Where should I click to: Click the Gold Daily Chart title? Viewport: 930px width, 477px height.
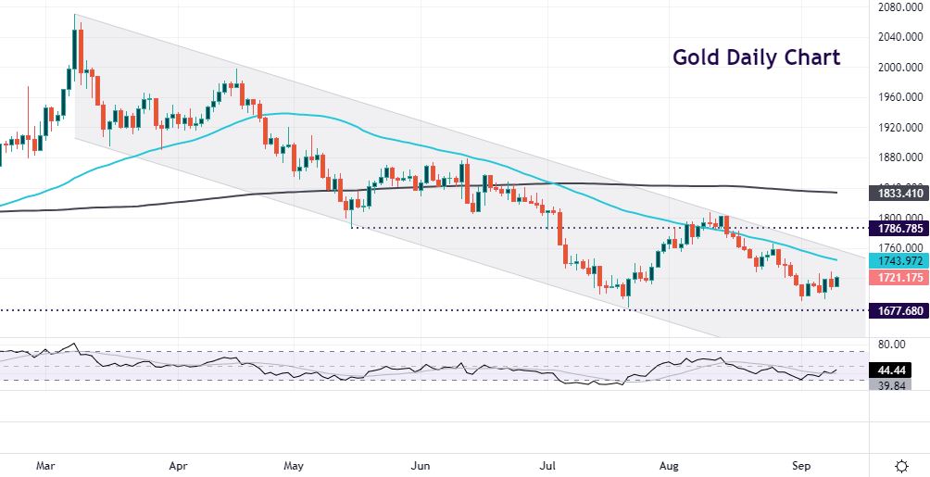pos(756,57)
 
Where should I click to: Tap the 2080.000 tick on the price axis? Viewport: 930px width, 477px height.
pos(897,7)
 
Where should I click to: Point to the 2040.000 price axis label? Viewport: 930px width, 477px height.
pos(897,37)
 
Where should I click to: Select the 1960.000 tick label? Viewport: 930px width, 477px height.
pos(897,96)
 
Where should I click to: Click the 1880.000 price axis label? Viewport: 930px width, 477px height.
pos(897,157)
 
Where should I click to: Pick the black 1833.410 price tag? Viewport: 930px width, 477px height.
pos(897,194)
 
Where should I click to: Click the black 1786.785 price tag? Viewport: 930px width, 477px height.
pos(897,226)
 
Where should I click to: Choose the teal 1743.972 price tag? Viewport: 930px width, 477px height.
pos(897,261)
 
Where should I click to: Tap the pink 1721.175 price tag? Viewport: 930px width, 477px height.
pos(897,278)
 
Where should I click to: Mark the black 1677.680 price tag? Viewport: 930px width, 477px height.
pos(897,310)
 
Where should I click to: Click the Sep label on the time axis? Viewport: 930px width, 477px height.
pos(802,462)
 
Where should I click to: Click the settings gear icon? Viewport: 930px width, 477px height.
pos(900,463)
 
